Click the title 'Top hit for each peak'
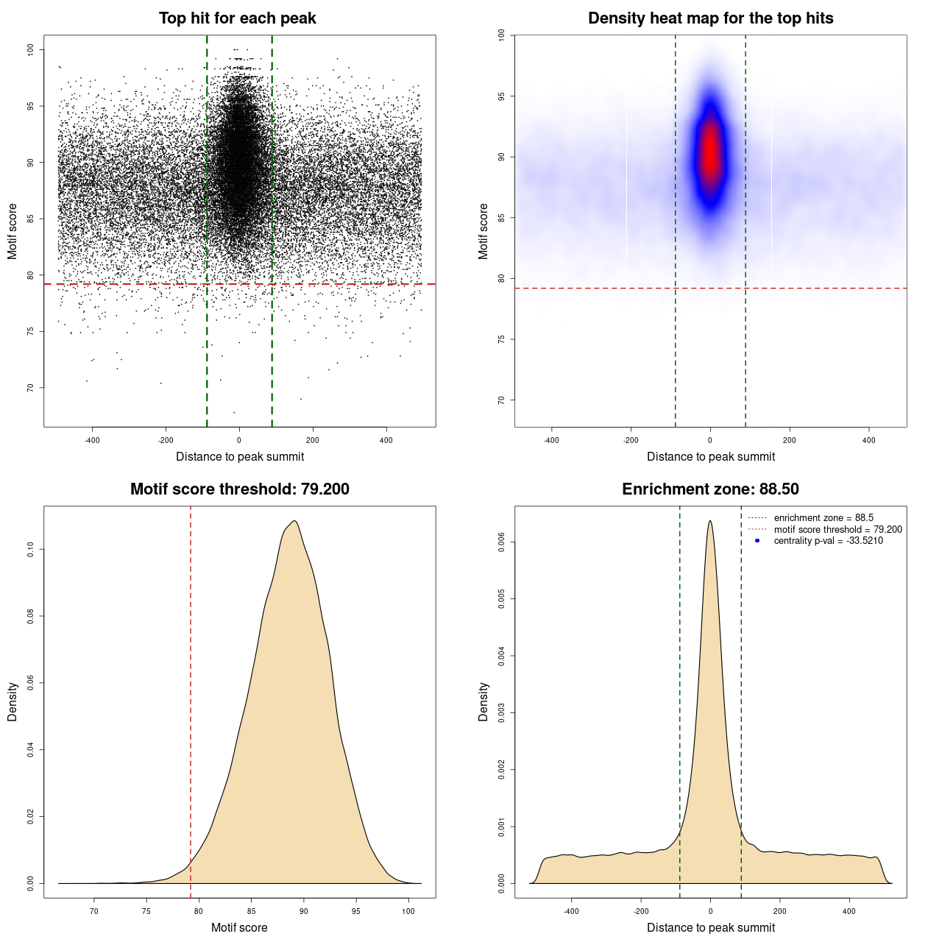coord(238,18)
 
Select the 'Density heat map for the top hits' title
coord(710,18)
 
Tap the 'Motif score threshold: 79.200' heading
coord(239,489)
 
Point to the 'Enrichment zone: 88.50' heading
coord(710,489)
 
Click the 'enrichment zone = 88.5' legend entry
coord(824,518)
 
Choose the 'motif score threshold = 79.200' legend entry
coord(837,529)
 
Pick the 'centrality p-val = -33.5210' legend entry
coord(828,541)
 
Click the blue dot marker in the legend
coord(757,541)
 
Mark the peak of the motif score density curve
coord(294,521)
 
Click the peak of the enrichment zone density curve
coord(709,521)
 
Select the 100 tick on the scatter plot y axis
coord(31,49)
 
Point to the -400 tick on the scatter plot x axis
coord(92,440)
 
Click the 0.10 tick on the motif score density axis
coord(31,549)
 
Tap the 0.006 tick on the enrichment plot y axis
coord(502,542)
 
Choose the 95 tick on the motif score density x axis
coord(356,911)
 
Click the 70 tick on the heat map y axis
coord(502,400)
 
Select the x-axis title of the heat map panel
coord(710,456)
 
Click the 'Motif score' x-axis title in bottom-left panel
coord(239,927)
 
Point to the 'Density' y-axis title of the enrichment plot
coord(484,701)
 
